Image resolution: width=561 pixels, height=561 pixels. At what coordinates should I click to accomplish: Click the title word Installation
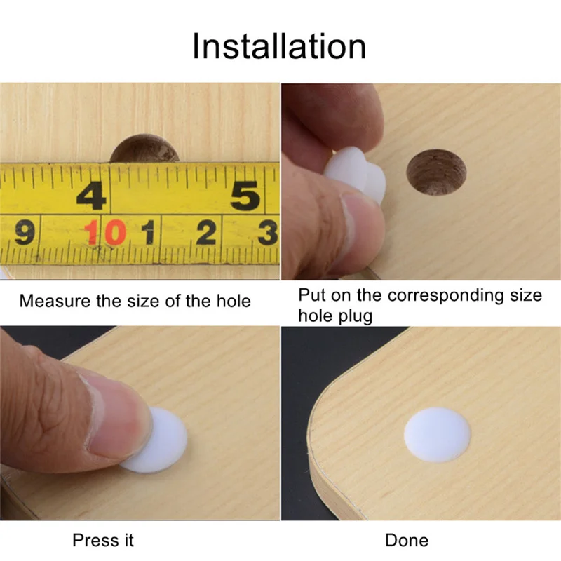279,46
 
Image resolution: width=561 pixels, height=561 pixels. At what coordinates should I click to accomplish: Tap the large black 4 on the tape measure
91,196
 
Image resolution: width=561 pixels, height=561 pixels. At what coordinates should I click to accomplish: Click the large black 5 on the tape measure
245,196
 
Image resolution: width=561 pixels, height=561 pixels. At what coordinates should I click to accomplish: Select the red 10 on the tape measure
105,232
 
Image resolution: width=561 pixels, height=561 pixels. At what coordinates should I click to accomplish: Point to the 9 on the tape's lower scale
25,233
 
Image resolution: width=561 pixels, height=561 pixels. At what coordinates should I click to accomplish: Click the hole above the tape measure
144,149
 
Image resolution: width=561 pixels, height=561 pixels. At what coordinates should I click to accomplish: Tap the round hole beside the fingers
436,173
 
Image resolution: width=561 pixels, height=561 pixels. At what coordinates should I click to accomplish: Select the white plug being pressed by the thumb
157,441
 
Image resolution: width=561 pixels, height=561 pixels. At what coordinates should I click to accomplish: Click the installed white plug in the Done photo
437,434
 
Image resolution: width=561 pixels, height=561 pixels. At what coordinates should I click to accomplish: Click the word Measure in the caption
55,301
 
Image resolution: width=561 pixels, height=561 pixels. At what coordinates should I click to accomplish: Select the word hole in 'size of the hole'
234,301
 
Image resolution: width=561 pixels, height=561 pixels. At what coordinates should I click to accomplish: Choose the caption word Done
407,540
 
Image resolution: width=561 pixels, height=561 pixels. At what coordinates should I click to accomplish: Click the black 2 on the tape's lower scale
206,233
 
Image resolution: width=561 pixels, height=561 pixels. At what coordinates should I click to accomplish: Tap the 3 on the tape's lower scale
268,233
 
